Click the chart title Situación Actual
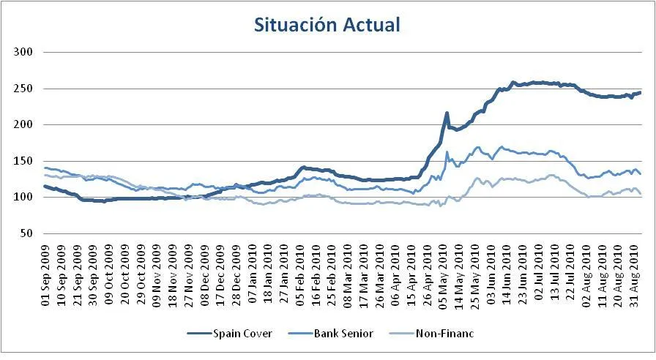coord(327,25)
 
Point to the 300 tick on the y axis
coord(25,53)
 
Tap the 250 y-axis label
coord(25,89)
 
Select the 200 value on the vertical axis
coord(25,124)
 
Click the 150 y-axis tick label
coord(25,161)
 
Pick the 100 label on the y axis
coord(25,197)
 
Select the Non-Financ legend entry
coord(444,334)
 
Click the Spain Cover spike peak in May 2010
coord(447,113)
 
